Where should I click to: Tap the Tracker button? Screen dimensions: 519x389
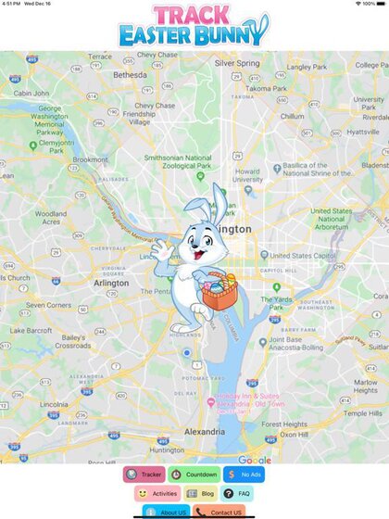pos(144,475)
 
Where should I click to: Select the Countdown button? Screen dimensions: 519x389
pos(194,475)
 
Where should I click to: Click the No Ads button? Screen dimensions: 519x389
pos(245,475)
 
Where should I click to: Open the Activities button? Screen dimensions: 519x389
pos(157,494)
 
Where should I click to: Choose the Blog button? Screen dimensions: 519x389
pos(202,494)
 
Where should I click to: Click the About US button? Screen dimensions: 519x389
pos(168,512)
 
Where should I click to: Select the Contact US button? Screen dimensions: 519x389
pos(220,512)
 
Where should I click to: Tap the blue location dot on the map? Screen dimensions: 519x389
pos(186,353)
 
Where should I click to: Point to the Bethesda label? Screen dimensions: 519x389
pos(130,75)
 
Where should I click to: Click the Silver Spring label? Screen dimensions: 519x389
pos(237,63)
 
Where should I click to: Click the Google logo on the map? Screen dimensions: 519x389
pos(255,460)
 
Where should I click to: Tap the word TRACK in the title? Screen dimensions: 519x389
pos(195,16)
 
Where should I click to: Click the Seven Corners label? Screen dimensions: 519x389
pos(48,305)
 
